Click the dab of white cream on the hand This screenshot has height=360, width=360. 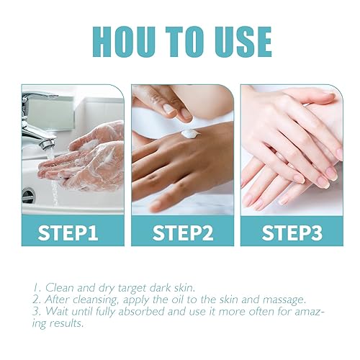[x=190, y=133]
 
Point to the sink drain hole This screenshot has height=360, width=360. [x=28, y=195]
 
